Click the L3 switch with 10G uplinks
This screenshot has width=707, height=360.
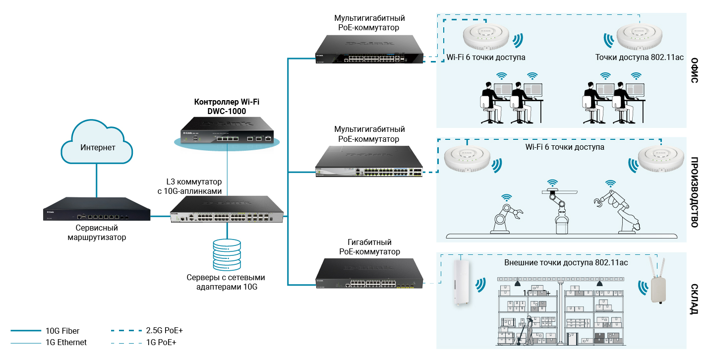coord(228,210)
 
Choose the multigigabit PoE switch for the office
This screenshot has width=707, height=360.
coord(370,51)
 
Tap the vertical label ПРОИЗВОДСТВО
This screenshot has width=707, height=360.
coord(695,192)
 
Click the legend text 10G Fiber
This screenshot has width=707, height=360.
coord(62,331)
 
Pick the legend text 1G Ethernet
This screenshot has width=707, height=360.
coord(66,342)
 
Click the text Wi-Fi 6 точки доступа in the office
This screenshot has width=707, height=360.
coord(486,58)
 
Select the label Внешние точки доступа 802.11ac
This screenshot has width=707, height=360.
coord(566,262)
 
